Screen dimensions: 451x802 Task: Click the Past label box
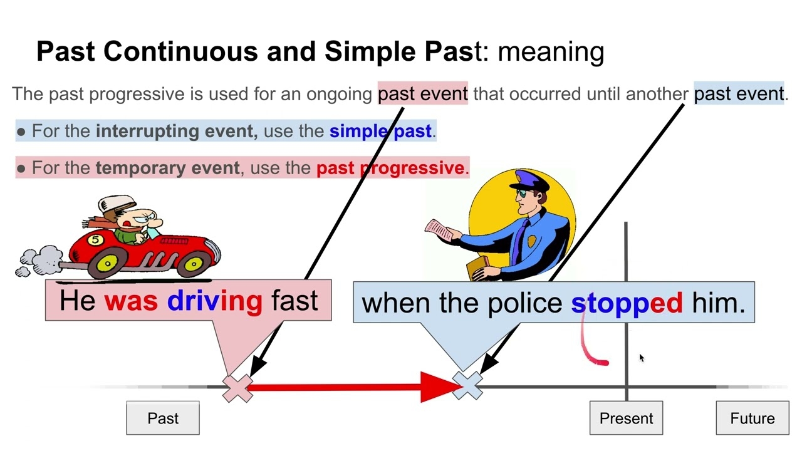[x=163, y=418]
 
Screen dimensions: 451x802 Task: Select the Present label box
[x=626, y=418]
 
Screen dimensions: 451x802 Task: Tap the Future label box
[x=752, y=418]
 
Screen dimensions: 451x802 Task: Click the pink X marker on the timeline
[x=237, y=388]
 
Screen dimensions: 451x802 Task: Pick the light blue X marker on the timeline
[x=468, y=385]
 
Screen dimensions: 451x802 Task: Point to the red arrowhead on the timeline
[x=439, y=386]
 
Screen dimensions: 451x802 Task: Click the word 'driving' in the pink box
[x=214, y=301]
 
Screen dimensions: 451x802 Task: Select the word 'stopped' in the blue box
[x=626, y=303]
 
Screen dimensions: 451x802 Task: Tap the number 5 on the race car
[x=95, y=239]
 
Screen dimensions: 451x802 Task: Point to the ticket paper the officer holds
[x=440, y=229]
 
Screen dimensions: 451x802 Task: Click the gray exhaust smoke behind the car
[x=38, y=261]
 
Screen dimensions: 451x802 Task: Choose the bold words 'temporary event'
[x=167, y=168]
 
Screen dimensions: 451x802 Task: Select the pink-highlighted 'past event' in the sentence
[x=422, y=94]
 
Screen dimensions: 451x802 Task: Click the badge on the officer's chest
[x=532, y=242]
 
